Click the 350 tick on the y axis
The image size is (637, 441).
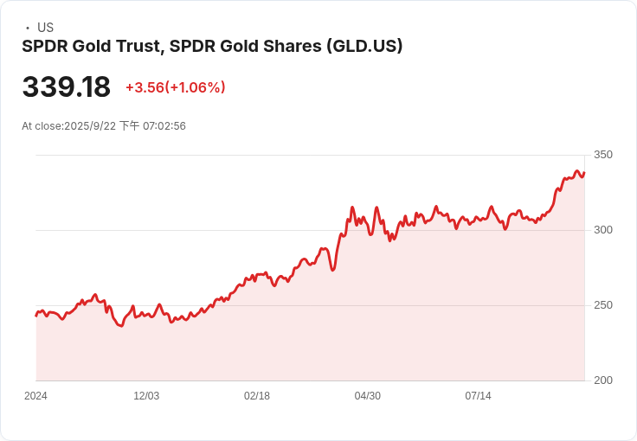click(602, 155)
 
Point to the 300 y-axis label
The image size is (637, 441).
click(602, 230)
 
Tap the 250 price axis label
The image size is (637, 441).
click(602, 305)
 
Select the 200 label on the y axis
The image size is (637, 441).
click(602, 380)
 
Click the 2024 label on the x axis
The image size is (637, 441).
click(35, 396)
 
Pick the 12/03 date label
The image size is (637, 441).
click(146, 396)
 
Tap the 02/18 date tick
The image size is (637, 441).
click(257, 396)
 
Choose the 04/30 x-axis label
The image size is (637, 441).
click(368, 396)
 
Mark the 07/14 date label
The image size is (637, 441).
click(479, 396)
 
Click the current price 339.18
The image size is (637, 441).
click(67, 87)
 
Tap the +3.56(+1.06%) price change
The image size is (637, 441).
click(176, 87)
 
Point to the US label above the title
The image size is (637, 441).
click(45, 28)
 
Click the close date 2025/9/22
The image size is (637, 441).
click(89, 126)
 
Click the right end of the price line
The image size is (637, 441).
click(584, 173)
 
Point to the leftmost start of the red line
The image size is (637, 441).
click(36, 316)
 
